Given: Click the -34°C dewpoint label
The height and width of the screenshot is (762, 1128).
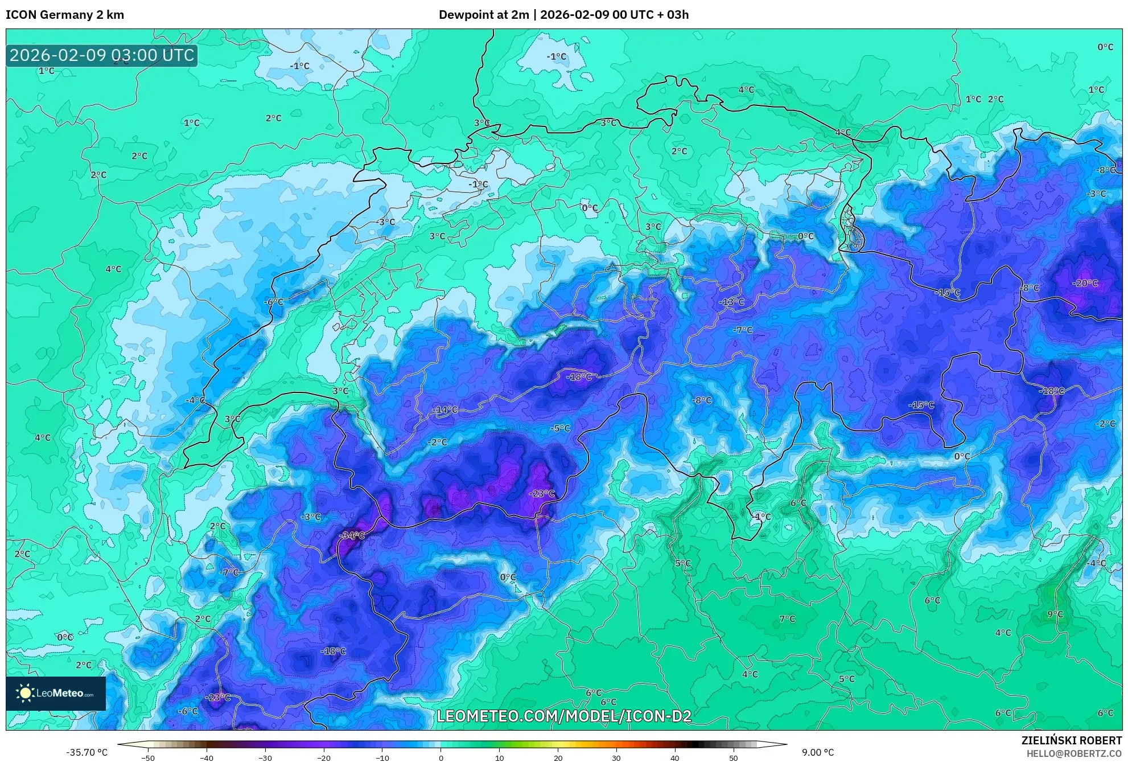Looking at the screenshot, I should tap(352, 535).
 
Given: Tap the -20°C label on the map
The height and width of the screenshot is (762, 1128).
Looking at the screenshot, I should tap(1085, 283).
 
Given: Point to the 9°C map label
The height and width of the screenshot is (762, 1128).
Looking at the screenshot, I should tap(1055, 614).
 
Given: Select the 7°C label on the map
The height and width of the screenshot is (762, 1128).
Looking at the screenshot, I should tap(787, 618).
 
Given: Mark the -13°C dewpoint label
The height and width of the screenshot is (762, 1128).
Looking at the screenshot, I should tap(731, 302).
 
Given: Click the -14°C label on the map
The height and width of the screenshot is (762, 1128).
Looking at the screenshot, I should tap(444, 409).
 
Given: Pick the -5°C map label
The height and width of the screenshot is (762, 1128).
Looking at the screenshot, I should tap(561, 428).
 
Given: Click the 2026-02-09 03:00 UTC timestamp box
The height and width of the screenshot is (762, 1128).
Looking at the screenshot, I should tap(102, 55).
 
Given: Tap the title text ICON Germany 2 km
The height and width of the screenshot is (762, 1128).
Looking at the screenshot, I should tap(65, 15).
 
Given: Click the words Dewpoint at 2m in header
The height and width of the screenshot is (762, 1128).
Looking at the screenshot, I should tap(484, 15).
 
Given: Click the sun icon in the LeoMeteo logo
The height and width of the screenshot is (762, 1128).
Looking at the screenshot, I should tap(25, 693).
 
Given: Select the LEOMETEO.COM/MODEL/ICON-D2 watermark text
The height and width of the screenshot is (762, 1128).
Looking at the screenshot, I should tap(563, 716).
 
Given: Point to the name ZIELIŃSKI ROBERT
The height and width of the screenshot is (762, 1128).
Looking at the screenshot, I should tap(1072, 740).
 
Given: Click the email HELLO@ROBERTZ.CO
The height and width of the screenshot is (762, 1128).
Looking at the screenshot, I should tap(1074, 753).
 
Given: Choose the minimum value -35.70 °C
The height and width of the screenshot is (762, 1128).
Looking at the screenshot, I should tap(87, 752).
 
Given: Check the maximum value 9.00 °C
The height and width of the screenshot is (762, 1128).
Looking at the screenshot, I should tap(818, 752).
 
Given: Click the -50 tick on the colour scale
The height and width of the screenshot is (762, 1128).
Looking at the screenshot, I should tap(147, 758).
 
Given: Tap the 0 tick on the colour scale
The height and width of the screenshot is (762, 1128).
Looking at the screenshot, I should tap(441, 758).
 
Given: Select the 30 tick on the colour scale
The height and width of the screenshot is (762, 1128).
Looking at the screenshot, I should tap(616, 758).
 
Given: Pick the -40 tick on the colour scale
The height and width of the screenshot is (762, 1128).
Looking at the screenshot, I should tap(206, 758).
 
